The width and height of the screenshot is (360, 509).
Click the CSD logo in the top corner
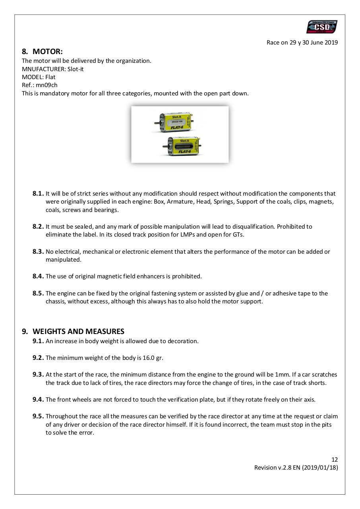[321, 27]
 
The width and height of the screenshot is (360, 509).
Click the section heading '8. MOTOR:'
[43, 51]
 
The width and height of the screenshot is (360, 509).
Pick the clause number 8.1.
[38, 194]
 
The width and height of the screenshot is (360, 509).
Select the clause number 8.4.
[38, 276]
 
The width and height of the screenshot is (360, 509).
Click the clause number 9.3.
[38, 375]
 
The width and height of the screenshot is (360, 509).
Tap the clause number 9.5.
[38, 416]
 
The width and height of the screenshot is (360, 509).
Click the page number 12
[335, 460]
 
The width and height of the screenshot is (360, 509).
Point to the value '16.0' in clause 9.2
[147, 358]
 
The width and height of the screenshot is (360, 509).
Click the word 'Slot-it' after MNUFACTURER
[75, 69]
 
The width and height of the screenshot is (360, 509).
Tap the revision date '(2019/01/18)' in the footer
[320, 468]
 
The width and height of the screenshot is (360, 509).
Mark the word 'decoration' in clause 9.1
[184, 341]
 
